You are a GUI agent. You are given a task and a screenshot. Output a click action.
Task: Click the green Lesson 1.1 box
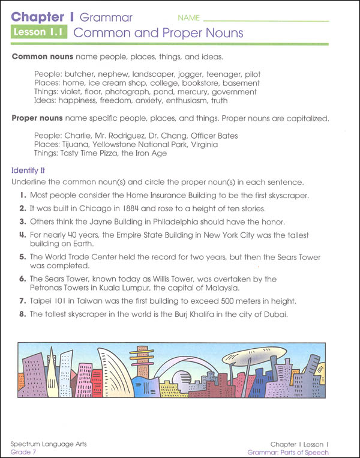click(x=39, y=32)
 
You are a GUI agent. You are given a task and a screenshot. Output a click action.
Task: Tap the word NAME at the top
click(x=189, y=18)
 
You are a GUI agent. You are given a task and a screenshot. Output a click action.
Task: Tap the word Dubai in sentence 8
click(x=275, y=314)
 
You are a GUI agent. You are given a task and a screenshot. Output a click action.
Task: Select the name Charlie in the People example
click(x=79, y=136)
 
